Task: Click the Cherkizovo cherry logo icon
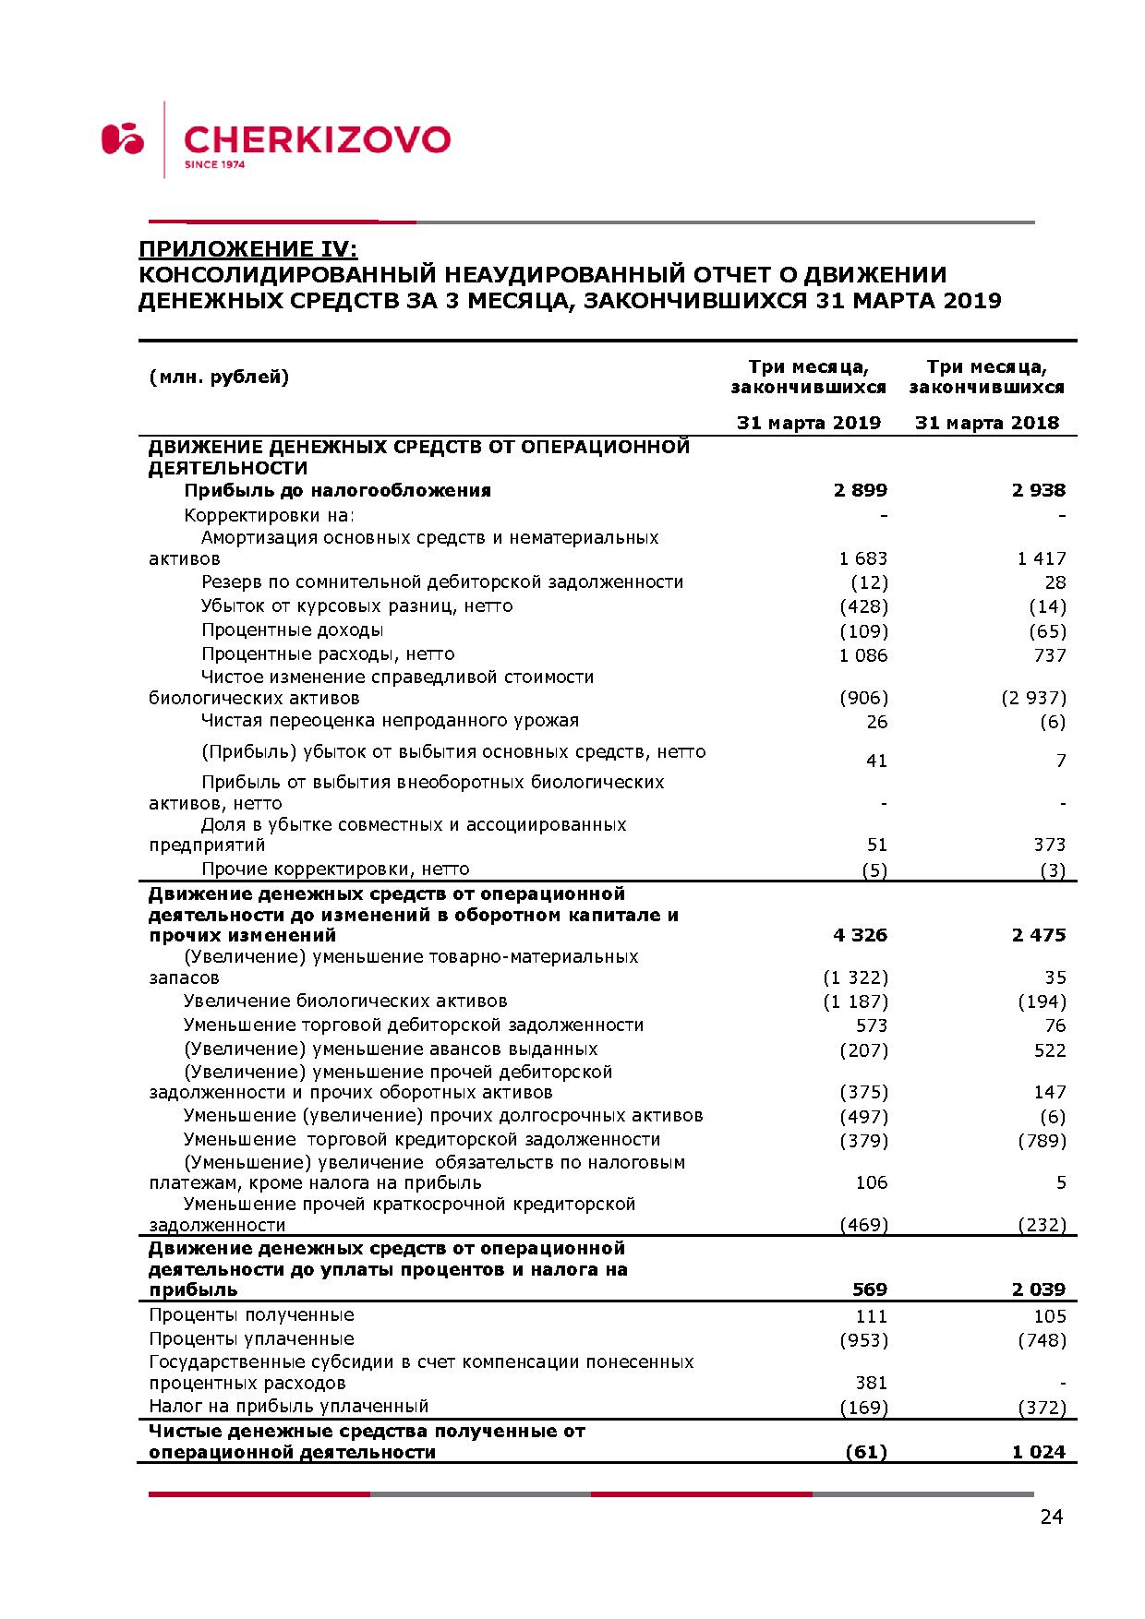[x=123, y=138]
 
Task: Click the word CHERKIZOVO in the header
[x=317, y=140]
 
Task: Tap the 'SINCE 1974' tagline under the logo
[x=214, y=165]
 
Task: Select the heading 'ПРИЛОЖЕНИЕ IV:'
[x=247, y=249]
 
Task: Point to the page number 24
[x=1051, y=1517]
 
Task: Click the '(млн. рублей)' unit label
[x=219, y=377]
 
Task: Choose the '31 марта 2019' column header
[x=808, y=423]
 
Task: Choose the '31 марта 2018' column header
[x=986, y=423]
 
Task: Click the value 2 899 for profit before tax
[x=860, y=490]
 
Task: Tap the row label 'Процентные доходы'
[x=292, y=630]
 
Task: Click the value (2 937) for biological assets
[x=1033, y=698]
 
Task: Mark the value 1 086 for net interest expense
[x=863, y=655]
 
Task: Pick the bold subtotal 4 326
[x=860, y=935]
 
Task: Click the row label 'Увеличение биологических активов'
[x=345, y=1001]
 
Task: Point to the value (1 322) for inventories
[x=855, y=977]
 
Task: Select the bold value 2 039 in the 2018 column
[x=1038, y=1289]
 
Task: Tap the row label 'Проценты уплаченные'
[x=251, y=1338]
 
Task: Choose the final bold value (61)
[x=866, y=1452]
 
